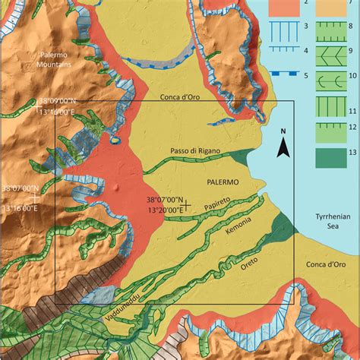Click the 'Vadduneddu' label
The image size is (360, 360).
point(117,312)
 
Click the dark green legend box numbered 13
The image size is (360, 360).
point(328,157)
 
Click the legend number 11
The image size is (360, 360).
point(352,111)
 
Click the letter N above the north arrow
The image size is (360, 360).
point(283,131)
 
